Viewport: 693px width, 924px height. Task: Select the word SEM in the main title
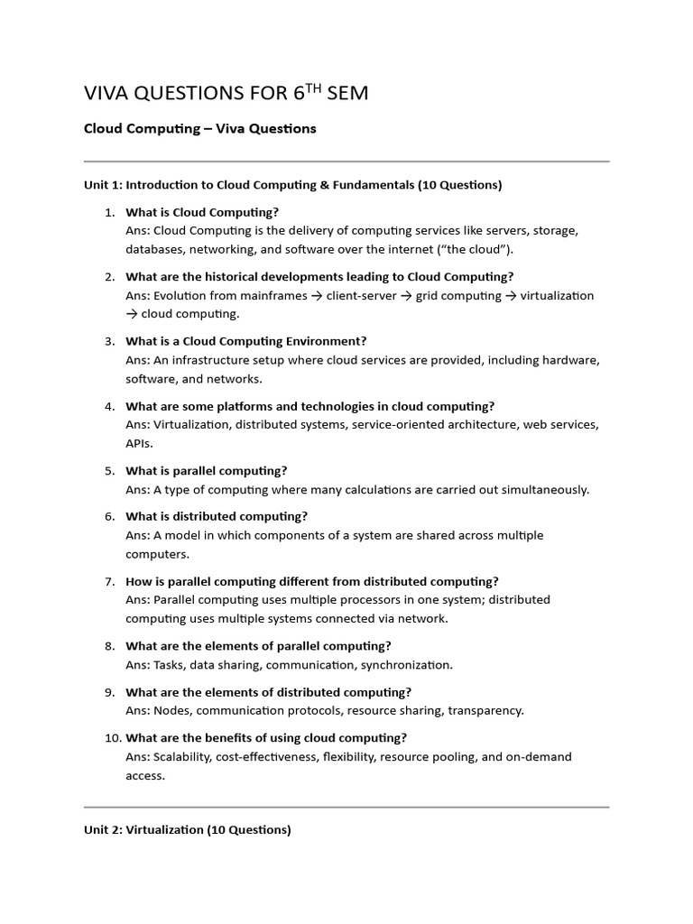(350, 93)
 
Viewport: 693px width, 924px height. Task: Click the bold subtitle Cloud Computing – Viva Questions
(199, 128)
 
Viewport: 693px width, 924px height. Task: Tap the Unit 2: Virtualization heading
(187, 829)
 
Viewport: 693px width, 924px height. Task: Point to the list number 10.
(111, 737)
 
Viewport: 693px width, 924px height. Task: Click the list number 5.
(109, 470)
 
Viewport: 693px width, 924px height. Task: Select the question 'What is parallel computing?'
(206, 470)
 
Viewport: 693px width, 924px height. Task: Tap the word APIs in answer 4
(139, 443)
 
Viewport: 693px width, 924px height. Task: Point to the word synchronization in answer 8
(406, 665)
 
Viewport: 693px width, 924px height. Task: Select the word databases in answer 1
(154, 250)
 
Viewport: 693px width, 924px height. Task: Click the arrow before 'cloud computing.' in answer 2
(131, 314)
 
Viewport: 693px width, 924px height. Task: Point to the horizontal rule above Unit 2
(346, 807)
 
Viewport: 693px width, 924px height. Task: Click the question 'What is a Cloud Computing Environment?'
(245, 341)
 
